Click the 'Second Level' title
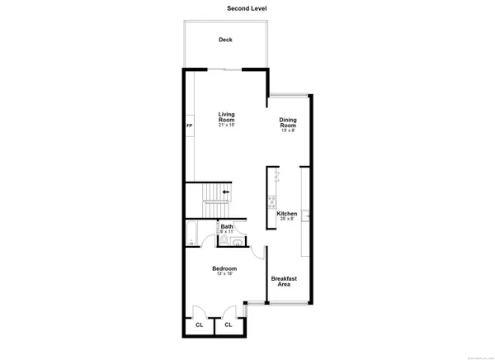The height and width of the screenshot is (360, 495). (247, 8)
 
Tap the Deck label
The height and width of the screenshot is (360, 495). (225, 40)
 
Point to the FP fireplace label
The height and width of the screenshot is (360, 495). (189, 125)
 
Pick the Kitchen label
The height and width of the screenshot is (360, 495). (288, 215)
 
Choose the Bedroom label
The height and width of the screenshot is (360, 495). (224, 268)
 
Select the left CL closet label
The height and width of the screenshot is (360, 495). (199, 325)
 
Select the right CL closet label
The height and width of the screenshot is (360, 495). (229, 325)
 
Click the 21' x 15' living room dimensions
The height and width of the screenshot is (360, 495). (227, 126)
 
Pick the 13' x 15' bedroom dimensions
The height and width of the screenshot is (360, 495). (224, 274)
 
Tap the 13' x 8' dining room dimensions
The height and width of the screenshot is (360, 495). (288, 130)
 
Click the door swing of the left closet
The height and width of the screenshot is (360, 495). (199, 312)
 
